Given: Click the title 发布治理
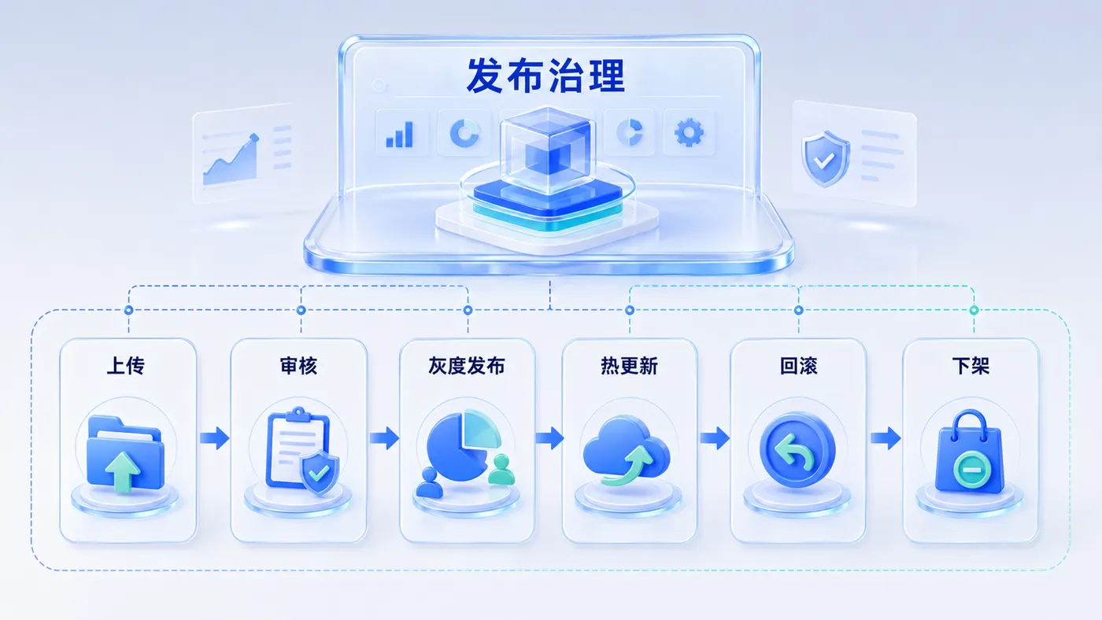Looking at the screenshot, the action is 545,76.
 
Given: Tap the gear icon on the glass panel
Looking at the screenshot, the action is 689,132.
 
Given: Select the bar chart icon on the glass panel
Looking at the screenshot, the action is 400,135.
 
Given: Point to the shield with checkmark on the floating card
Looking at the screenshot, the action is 826,158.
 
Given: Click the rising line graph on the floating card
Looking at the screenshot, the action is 231,159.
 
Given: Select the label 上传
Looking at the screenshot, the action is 125,366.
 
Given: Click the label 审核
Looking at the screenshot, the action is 298,366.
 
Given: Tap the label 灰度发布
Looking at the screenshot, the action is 466,366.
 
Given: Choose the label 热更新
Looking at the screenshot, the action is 629,366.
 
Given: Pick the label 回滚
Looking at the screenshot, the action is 798,366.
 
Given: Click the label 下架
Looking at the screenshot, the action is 971,366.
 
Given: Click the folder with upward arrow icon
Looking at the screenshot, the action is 125,454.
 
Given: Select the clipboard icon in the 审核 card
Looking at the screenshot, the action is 298,448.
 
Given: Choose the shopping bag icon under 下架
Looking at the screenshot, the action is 970,452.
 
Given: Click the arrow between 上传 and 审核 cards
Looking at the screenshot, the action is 214,437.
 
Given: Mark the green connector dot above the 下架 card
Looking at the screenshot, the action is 974,310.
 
